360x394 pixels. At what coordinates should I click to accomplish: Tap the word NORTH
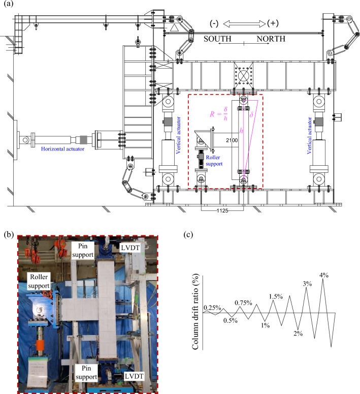[x=270, y=39]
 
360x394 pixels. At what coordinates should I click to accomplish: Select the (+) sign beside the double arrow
[x=275, y=24]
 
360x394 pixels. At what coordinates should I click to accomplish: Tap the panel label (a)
[x=8, y=6]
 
